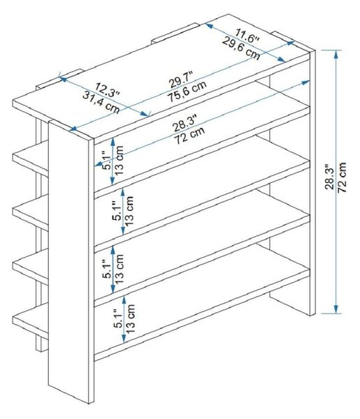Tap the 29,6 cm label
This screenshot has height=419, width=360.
click(x=241, y=49)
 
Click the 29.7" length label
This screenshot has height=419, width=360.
click(x=182, y=80)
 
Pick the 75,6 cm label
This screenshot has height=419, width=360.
click(x=187, y=91)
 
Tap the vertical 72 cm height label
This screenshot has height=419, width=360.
click(x=342, y=177)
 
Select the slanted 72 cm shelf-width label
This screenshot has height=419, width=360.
click(x=189, y=135)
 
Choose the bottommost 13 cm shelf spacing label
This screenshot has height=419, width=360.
click(x=130, y=318)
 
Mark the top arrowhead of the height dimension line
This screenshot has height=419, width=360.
click(x=336, y=54)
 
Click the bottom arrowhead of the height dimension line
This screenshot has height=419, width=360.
click(x=336, y=309)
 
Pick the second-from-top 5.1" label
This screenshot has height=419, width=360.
click(x=118, y=211)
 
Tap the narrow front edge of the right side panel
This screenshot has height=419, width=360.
click(x=312, y=183)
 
